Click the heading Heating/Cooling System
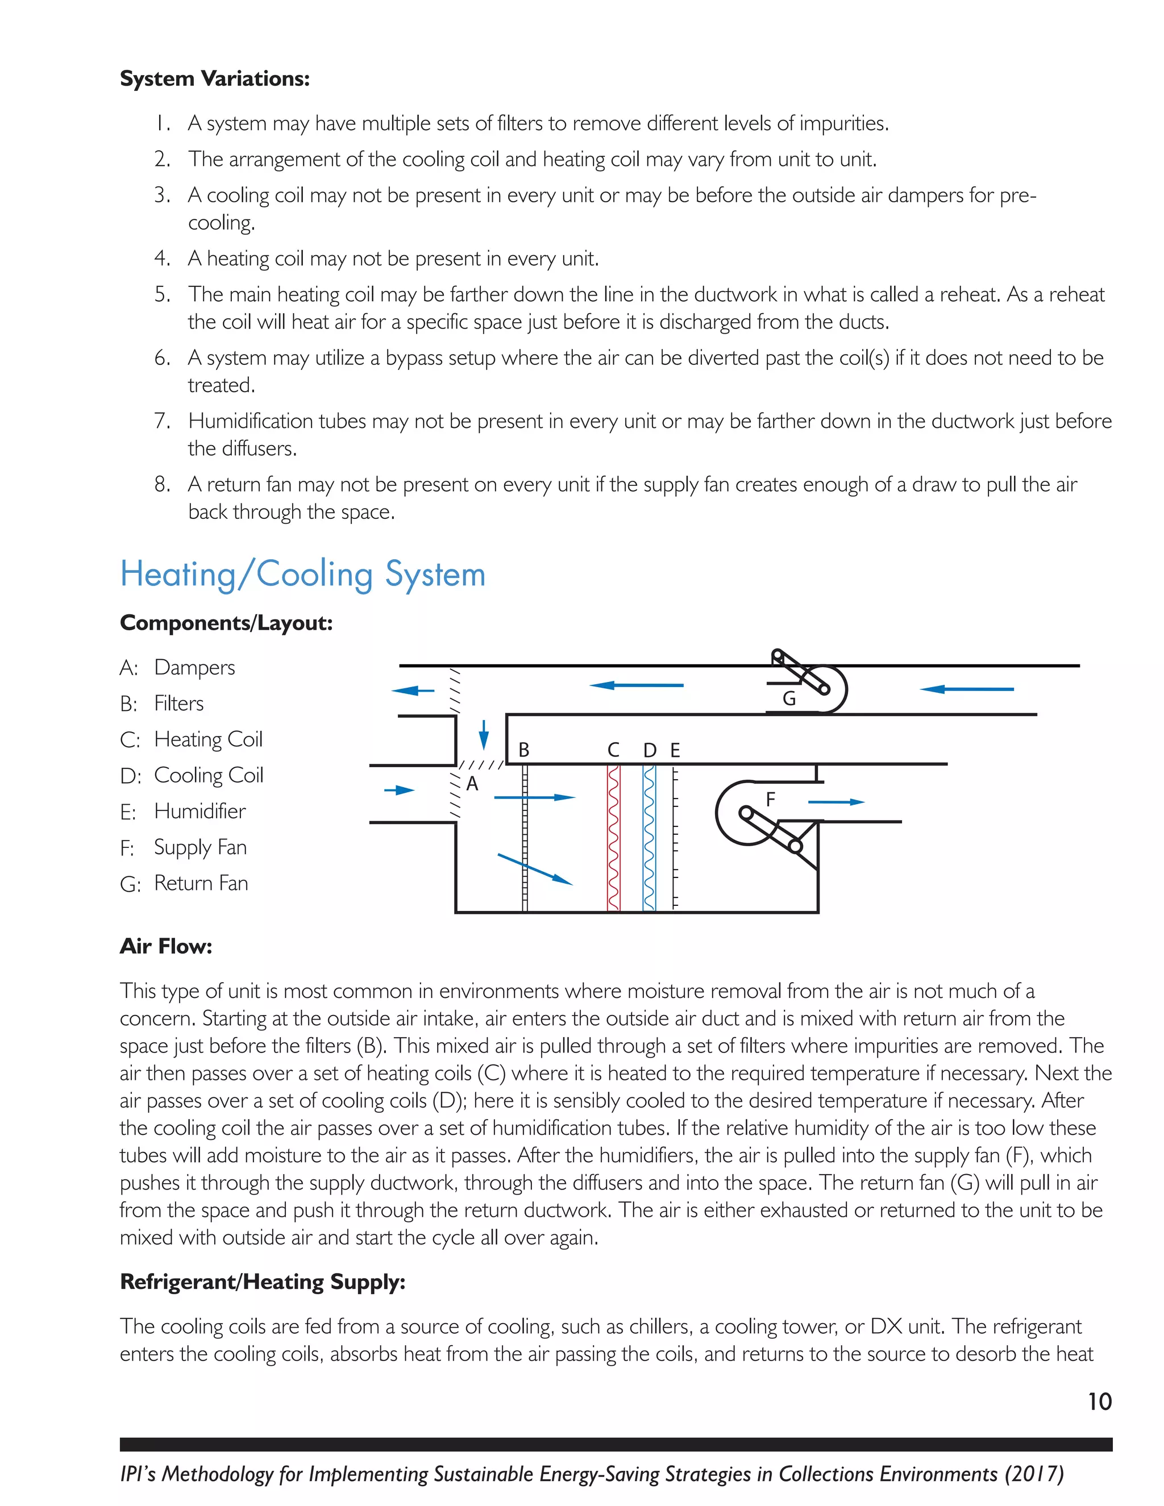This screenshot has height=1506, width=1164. click(x=303, y=575)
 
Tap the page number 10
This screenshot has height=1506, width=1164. click(x=1100, y=1402)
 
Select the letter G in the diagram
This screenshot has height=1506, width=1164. click(x=789, y=699)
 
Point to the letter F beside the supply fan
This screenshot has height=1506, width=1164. click(x=770, y=799)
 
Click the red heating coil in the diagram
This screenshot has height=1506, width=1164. click(x=614, y=838)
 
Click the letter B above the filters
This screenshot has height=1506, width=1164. click(x=524, y=750)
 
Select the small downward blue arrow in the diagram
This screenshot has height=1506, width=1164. click(x=484, y=734)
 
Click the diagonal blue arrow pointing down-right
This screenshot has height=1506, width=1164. click(x=535, y=869)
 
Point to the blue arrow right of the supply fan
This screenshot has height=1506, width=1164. click(x=835, y=802)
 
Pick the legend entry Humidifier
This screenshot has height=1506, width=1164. click(x=199, y=812)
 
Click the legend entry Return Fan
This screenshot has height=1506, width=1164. click(x=201, y=883)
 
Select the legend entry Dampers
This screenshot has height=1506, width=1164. click(x=194, y=668)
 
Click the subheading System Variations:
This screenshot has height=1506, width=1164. click(x=214, y=78)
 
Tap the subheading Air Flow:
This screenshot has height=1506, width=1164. click(x=166, y=946)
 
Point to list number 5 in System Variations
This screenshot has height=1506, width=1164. click(x=162, y=294)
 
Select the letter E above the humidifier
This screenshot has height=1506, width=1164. click(x=675, y=750)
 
